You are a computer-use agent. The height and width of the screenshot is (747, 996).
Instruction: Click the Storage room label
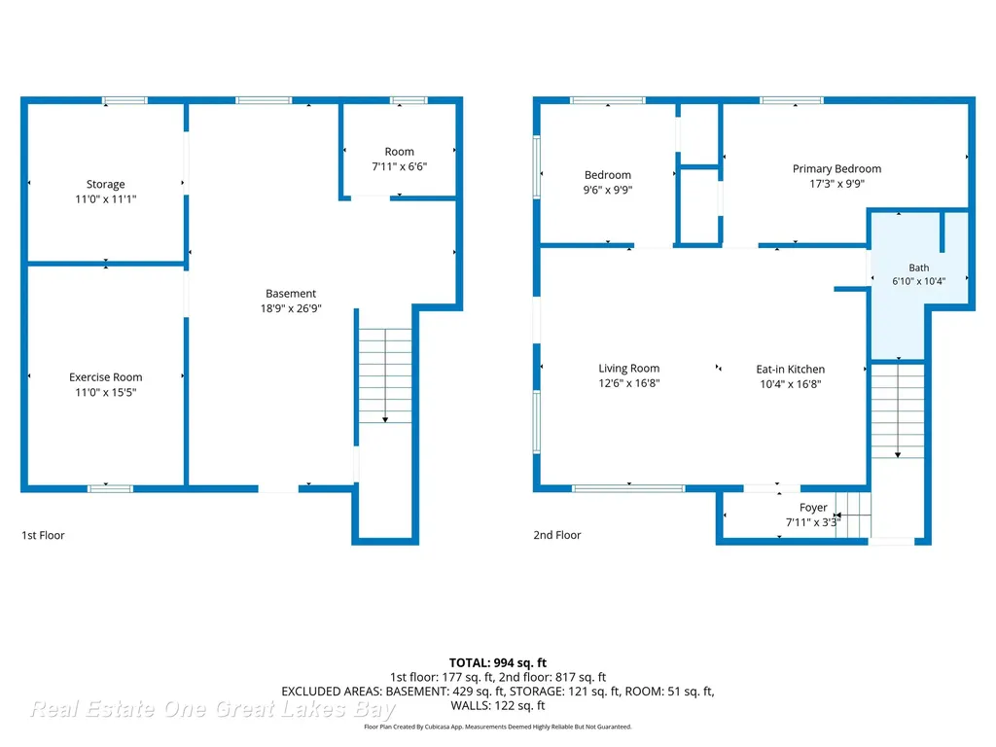105,184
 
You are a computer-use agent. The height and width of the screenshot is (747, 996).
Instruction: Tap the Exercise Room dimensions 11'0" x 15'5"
105,392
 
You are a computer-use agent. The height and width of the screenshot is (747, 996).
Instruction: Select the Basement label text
291,294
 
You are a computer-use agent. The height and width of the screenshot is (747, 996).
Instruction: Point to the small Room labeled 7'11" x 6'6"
399,151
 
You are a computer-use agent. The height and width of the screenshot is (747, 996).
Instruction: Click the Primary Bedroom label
836,169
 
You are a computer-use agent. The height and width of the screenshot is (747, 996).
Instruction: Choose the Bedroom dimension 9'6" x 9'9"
608,190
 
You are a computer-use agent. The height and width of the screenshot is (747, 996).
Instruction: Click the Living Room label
629,369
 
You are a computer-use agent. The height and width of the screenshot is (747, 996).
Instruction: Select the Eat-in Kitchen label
790,369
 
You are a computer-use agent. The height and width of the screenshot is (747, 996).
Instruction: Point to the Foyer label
813,508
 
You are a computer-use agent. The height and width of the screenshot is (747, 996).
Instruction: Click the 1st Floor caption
43,536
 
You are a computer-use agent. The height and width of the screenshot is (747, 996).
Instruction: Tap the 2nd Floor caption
557,536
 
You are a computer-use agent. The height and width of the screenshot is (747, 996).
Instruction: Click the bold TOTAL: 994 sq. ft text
498,663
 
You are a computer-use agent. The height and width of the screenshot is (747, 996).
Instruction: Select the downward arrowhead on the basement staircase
385,420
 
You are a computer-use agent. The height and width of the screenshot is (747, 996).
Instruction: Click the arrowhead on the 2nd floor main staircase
898,455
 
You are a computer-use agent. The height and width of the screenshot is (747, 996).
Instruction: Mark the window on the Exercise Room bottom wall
110,488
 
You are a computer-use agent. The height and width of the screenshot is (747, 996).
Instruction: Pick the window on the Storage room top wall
124,100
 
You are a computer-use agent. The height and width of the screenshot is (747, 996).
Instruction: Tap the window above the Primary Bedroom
792,100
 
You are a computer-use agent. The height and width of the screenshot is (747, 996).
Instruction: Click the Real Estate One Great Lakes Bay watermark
213,709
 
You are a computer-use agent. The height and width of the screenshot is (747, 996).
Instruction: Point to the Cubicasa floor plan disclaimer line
498,727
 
